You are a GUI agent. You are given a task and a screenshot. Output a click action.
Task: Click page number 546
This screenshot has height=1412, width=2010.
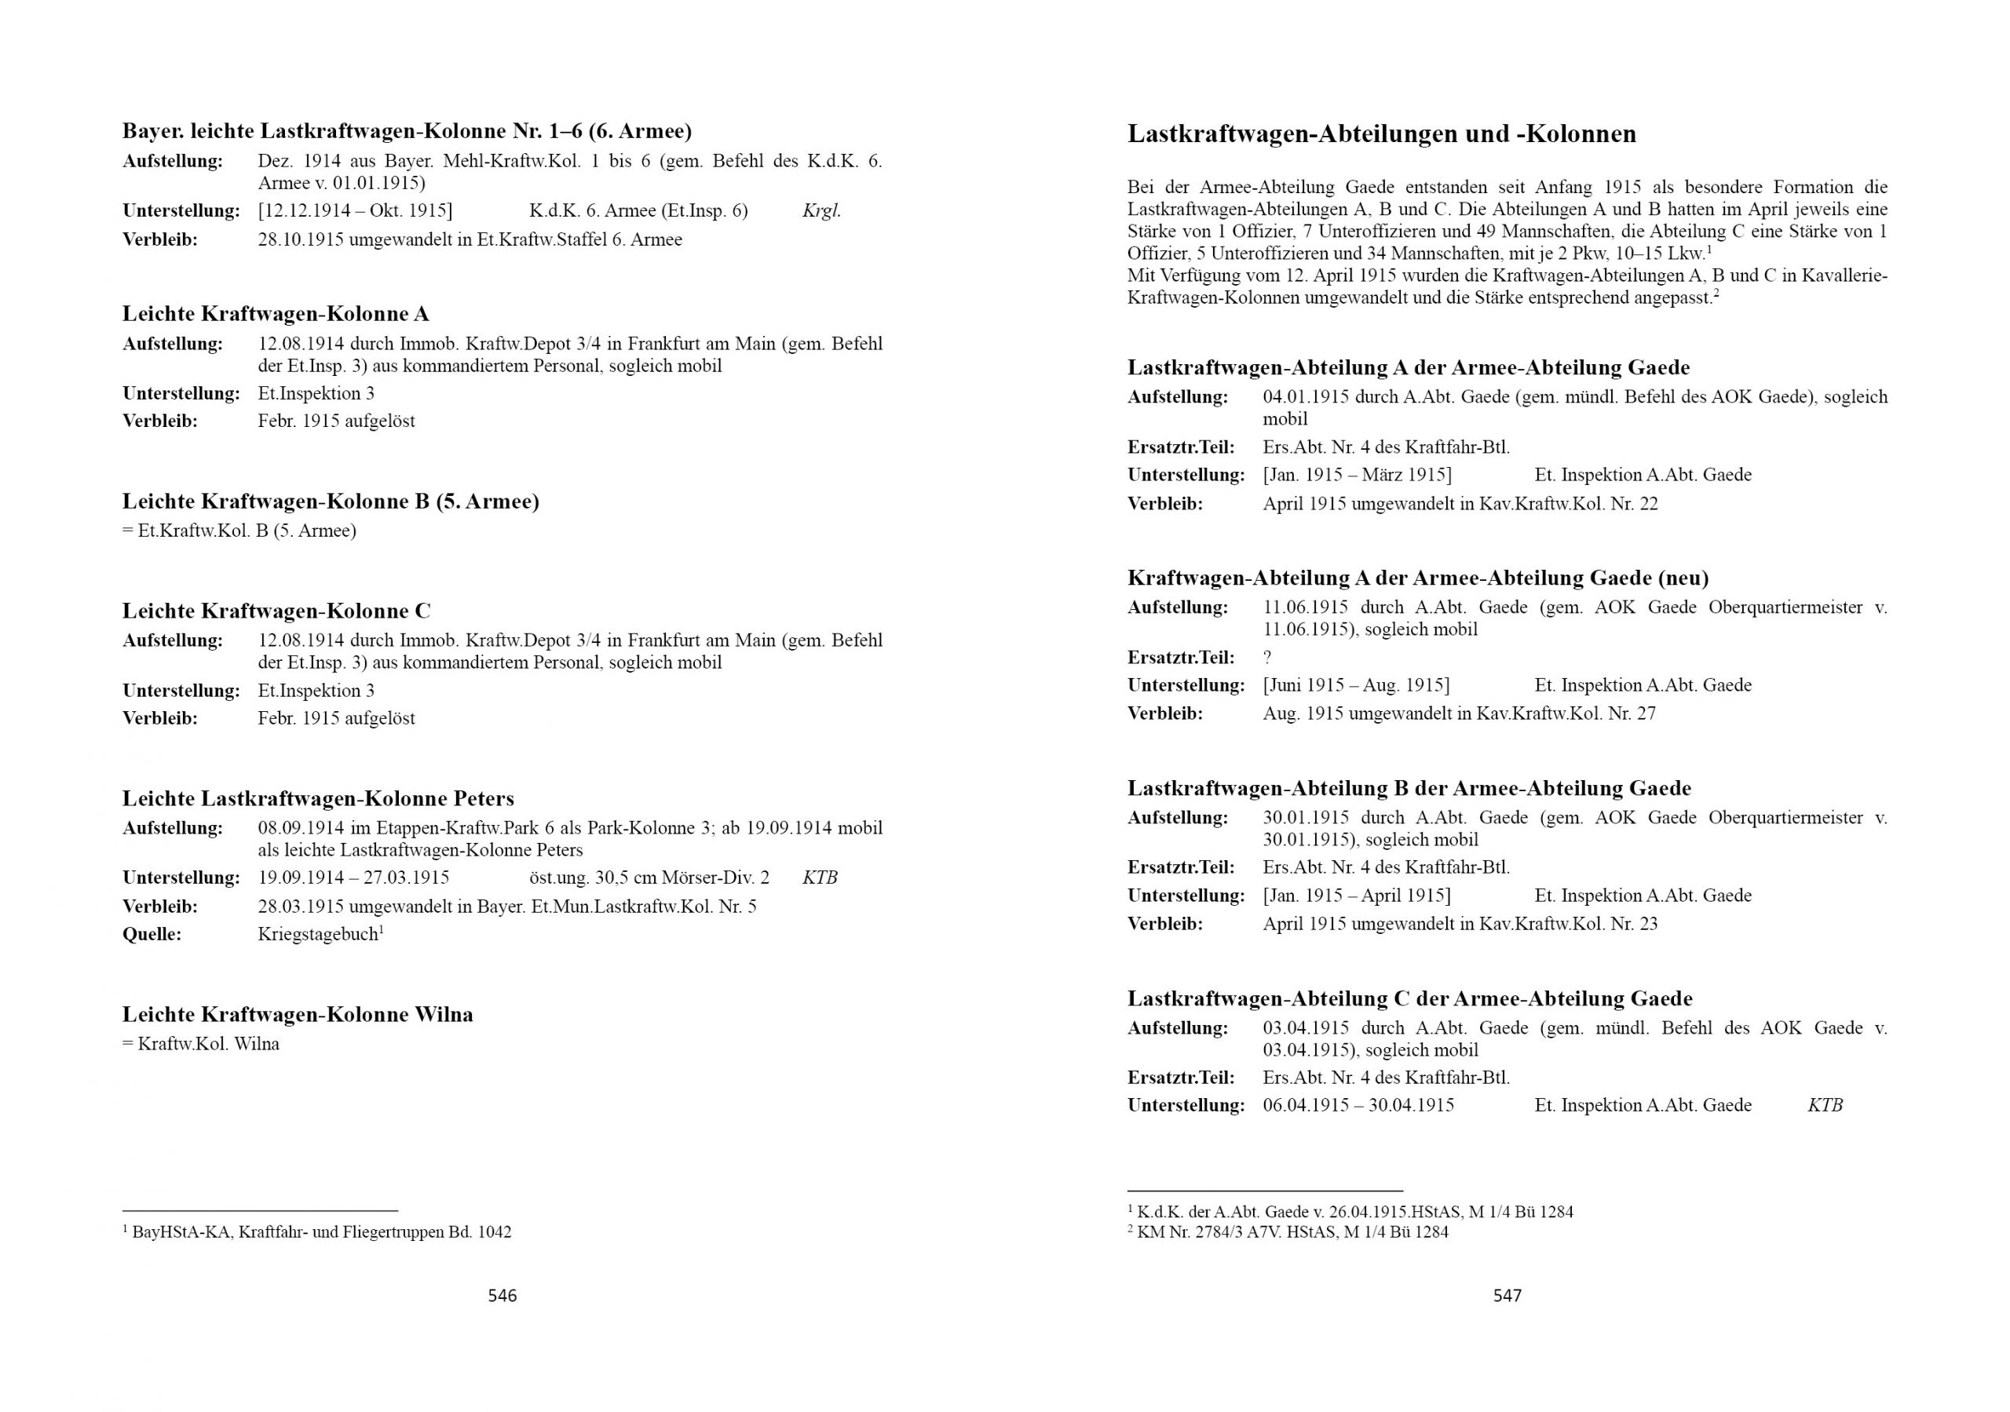[502, 1296]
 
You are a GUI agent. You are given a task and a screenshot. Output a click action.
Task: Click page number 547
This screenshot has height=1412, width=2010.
[1507, 1296]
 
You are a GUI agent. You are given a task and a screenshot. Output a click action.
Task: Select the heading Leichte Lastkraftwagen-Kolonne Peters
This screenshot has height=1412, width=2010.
[318, 798]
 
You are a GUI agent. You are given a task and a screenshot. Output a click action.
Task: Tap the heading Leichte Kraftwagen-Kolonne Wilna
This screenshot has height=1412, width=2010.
[298, 1015]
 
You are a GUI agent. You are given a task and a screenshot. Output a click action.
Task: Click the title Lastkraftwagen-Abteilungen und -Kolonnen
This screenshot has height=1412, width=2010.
[1381, 134]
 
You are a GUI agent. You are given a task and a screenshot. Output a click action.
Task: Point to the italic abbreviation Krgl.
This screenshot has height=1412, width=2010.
[821, 211]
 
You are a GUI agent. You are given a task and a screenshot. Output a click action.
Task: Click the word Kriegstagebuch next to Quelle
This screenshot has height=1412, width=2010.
[318, 934]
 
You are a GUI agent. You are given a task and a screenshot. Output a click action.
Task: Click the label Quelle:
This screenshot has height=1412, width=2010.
[152, 934]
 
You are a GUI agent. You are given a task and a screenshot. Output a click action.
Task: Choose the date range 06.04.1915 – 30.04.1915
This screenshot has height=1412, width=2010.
[1358, 1106]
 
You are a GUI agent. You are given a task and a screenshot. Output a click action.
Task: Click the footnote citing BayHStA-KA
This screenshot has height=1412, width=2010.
[317, 1231]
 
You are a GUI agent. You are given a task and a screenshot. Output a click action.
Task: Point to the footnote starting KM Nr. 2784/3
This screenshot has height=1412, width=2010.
[1288, 1231]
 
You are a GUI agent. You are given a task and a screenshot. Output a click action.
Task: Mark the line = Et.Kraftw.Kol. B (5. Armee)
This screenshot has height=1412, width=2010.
[239, 531]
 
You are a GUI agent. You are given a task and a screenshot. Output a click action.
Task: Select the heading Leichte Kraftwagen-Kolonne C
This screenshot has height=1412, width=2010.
[276, 611]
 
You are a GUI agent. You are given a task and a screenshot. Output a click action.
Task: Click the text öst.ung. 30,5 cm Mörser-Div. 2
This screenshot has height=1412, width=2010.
[649, 878]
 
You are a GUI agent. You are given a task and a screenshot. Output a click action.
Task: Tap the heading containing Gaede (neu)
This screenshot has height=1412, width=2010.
[1417, 578]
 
